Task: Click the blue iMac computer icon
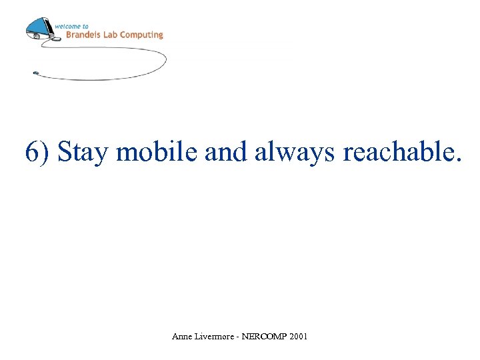(39, 29)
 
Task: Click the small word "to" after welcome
(84, 26)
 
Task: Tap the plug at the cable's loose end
(35, 73)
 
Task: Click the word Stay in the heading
(83, 152)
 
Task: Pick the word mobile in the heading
(157, 152)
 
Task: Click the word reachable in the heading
(397, 152)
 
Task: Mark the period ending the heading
(457, 160)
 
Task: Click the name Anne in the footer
(181, 337)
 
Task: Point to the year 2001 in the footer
(299, 337)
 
